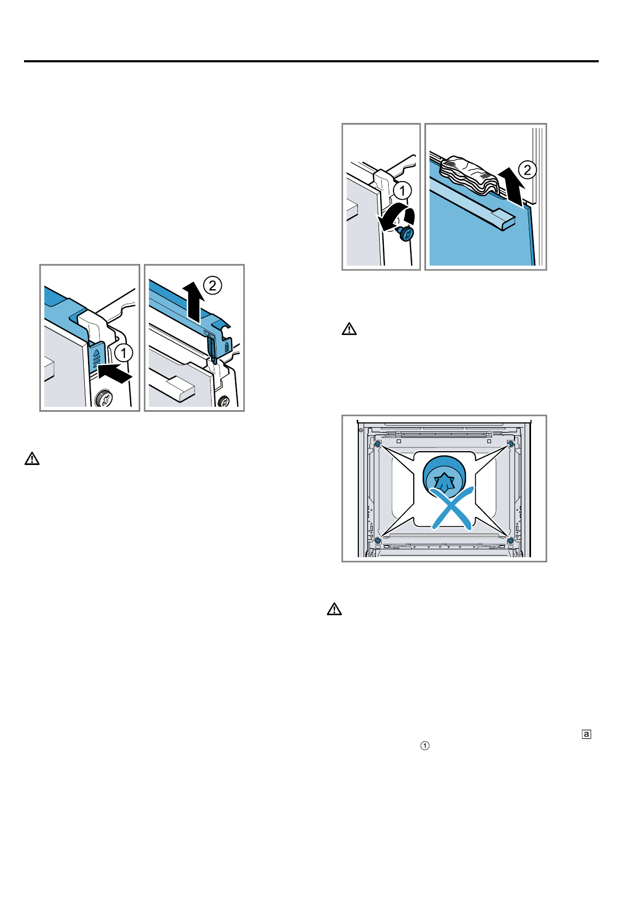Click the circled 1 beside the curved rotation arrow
tap(403, 190)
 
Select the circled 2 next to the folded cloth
tap(527, 170)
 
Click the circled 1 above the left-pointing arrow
tap(124, 353)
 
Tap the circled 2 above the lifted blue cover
tap(212, 286)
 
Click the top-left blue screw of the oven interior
tap(378, 444)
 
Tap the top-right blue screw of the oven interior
tap(510, 444)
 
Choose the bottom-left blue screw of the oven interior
tap(378, 541)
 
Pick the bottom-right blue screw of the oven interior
tap(510, 541)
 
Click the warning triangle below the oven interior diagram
tap(334, 609)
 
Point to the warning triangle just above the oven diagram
tap(349, 329)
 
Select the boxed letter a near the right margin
tap(586, 734)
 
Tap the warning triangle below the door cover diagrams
tap(32, 459)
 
